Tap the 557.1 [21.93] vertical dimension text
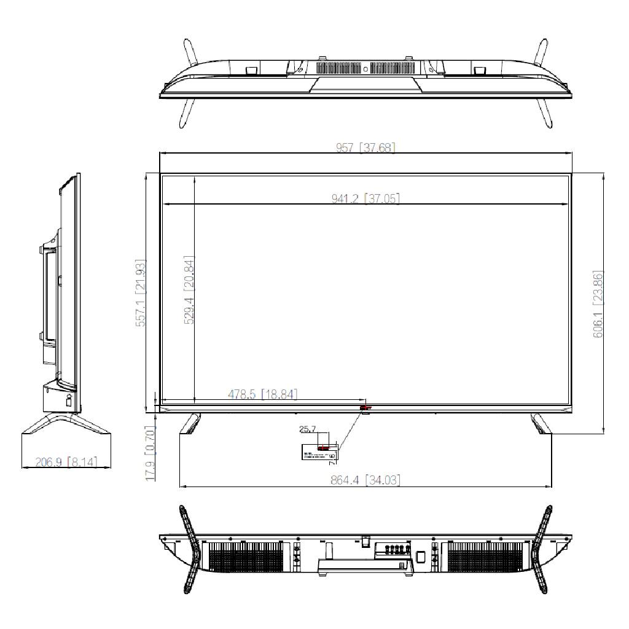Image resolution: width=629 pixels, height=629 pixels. (x=141, y=293)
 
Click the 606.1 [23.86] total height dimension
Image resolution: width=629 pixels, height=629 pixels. (x=598, y=303)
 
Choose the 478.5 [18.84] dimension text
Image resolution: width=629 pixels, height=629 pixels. (x=262, y=394)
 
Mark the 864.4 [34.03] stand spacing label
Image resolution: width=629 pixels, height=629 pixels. (x=365, y=480)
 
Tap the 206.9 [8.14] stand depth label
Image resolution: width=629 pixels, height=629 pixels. (x=65, y=461)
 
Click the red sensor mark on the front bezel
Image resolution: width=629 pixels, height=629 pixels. (x=364, y=407)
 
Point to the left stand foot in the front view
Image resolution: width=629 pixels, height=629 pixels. (x=191, y=423)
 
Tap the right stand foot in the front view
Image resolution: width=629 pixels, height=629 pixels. (x=541, y=423)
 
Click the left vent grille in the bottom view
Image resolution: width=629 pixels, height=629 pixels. (x=246, y=557)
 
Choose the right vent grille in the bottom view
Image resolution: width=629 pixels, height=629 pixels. (x=485, y=557)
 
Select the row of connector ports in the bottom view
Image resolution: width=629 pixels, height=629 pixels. (x=394, y=549)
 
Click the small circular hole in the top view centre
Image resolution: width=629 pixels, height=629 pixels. (x=365, y=69)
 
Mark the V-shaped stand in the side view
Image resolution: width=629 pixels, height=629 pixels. (x=66, y=424)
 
